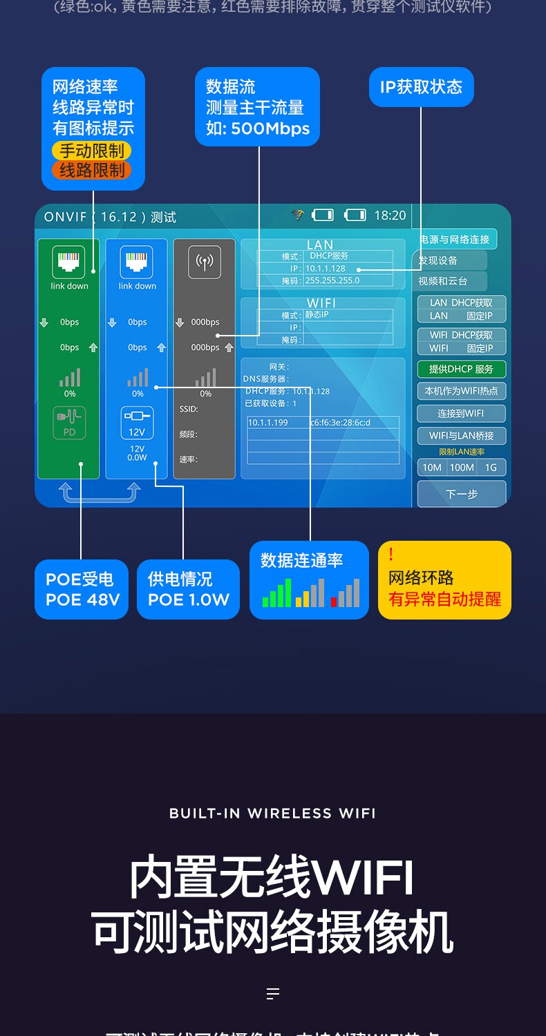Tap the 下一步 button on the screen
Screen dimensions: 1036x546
coord(462,495)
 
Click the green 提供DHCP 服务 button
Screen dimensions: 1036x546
coord(461,370)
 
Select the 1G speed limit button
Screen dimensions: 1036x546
coord(491,468)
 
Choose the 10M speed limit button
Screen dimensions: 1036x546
coord(432,468)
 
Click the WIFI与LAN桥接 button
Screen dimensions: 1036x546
coord(461,436)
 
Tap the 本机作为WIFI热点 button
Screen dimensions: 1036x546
coord(461,391)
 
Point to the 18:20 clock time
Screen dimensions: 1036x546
coord(390,215)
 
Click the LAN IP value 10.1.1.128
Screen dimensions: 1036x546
coord(326,269)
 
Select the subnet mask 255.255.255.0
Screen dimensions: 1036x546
coord(332,280)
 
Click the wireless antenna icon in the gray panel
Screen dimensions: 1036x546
coord(205,262)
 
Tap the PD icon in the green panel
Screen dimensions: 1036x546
coord(69,422)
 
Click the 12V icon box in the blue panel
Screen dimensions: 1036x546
coord(137,422)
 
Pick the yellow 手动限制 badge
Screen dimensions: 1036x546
coord(92,151)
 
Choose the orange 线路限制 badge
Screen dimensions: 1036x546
coord(92,170)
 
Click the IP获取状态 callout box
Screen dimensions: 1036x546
coord(421,87)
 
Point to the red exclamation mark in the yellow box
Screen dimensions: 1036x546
coord(391,555)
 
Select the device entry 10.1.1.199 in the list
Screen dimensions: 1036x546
coord(268,423)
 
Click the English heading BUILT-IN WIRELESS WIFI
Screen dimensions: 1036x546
coord(272,814)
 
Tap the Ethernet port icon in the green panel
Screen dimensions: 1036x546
coord(68,262)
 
